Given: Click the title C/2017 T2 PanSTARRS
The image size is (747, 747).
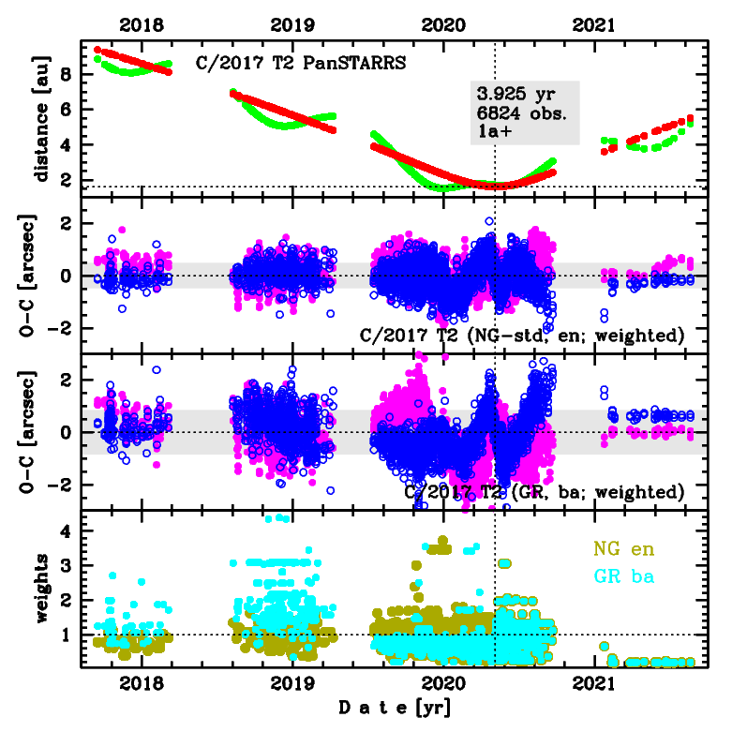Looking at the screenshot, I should point(300,63).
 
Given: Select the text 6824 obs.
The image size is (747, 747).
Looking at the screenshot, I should point(518,113).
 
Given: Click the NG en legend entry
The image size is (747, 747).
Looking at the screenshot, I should point(625,548).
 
